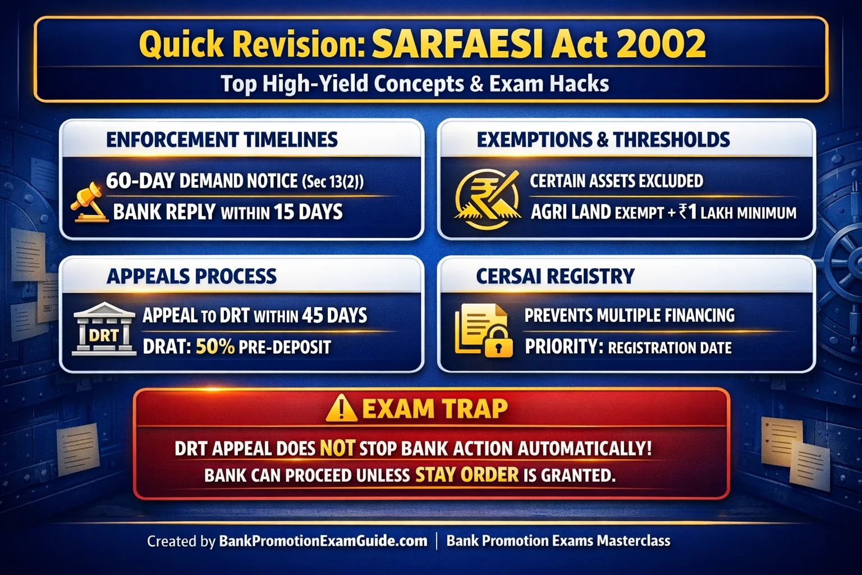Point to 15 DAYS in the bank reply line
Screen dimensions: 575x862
308,212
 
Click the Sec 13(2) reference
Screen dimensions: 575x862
333,182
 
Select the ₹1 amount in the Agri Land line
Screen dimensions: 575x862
687,212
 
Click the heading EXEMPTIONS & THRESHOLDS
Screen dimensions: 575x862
603,140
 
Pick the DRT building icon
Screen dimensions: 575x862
104,330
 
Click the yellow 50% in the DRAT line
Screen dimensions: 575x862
215,347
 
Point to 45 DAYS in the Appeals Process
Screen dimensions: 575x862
334,316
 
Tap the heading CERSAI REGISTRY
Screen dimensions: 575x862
555,276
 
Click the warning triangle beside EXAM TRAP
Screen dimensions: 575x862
341,408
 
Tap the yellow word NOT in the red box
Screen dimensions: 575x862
337,448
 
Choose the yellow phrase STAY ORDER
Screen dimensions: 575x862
466,475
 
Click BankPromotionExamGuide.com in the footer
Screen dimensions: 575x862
323,541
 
